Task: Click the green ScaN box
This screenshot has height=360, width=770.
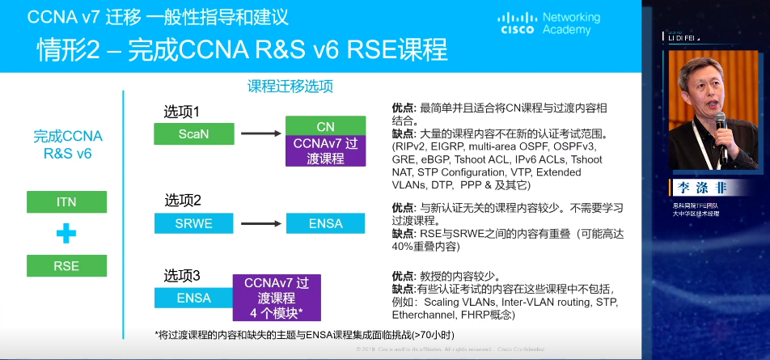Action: tap(193, 134)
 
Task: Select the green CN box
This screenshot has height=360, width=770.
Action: tap(325, 126)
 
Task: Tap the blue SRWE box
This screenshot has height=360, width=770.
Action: tap(193, 223)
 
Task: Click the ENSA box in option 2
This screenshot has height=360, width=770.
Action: tap(325, 223)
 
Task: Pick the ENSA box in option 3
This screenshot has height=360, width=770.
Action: tap(193, 298)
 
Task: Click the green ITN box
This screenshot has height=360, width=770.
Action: tap(66, 202)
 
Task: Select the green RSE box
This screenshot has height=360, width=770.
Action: tap(66, 265)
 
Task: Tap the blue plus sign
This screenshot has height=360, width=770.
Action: tap(66, 234)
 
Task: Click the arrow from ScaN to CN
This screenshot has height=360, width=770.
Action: tap(259, 134)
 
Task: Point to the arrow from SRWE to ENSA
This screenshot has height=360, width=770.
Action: tap(259, 223)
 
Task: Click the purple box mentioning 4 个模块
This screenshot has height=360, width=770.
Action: tap(277, 298)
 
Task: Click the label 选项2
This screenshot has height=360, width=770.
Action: tap(183, 200)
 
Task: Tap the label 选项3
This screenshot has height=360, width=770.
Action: tap(182, 274)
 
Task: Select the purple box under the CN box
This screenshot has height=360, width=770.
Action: tap(325, 150)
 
